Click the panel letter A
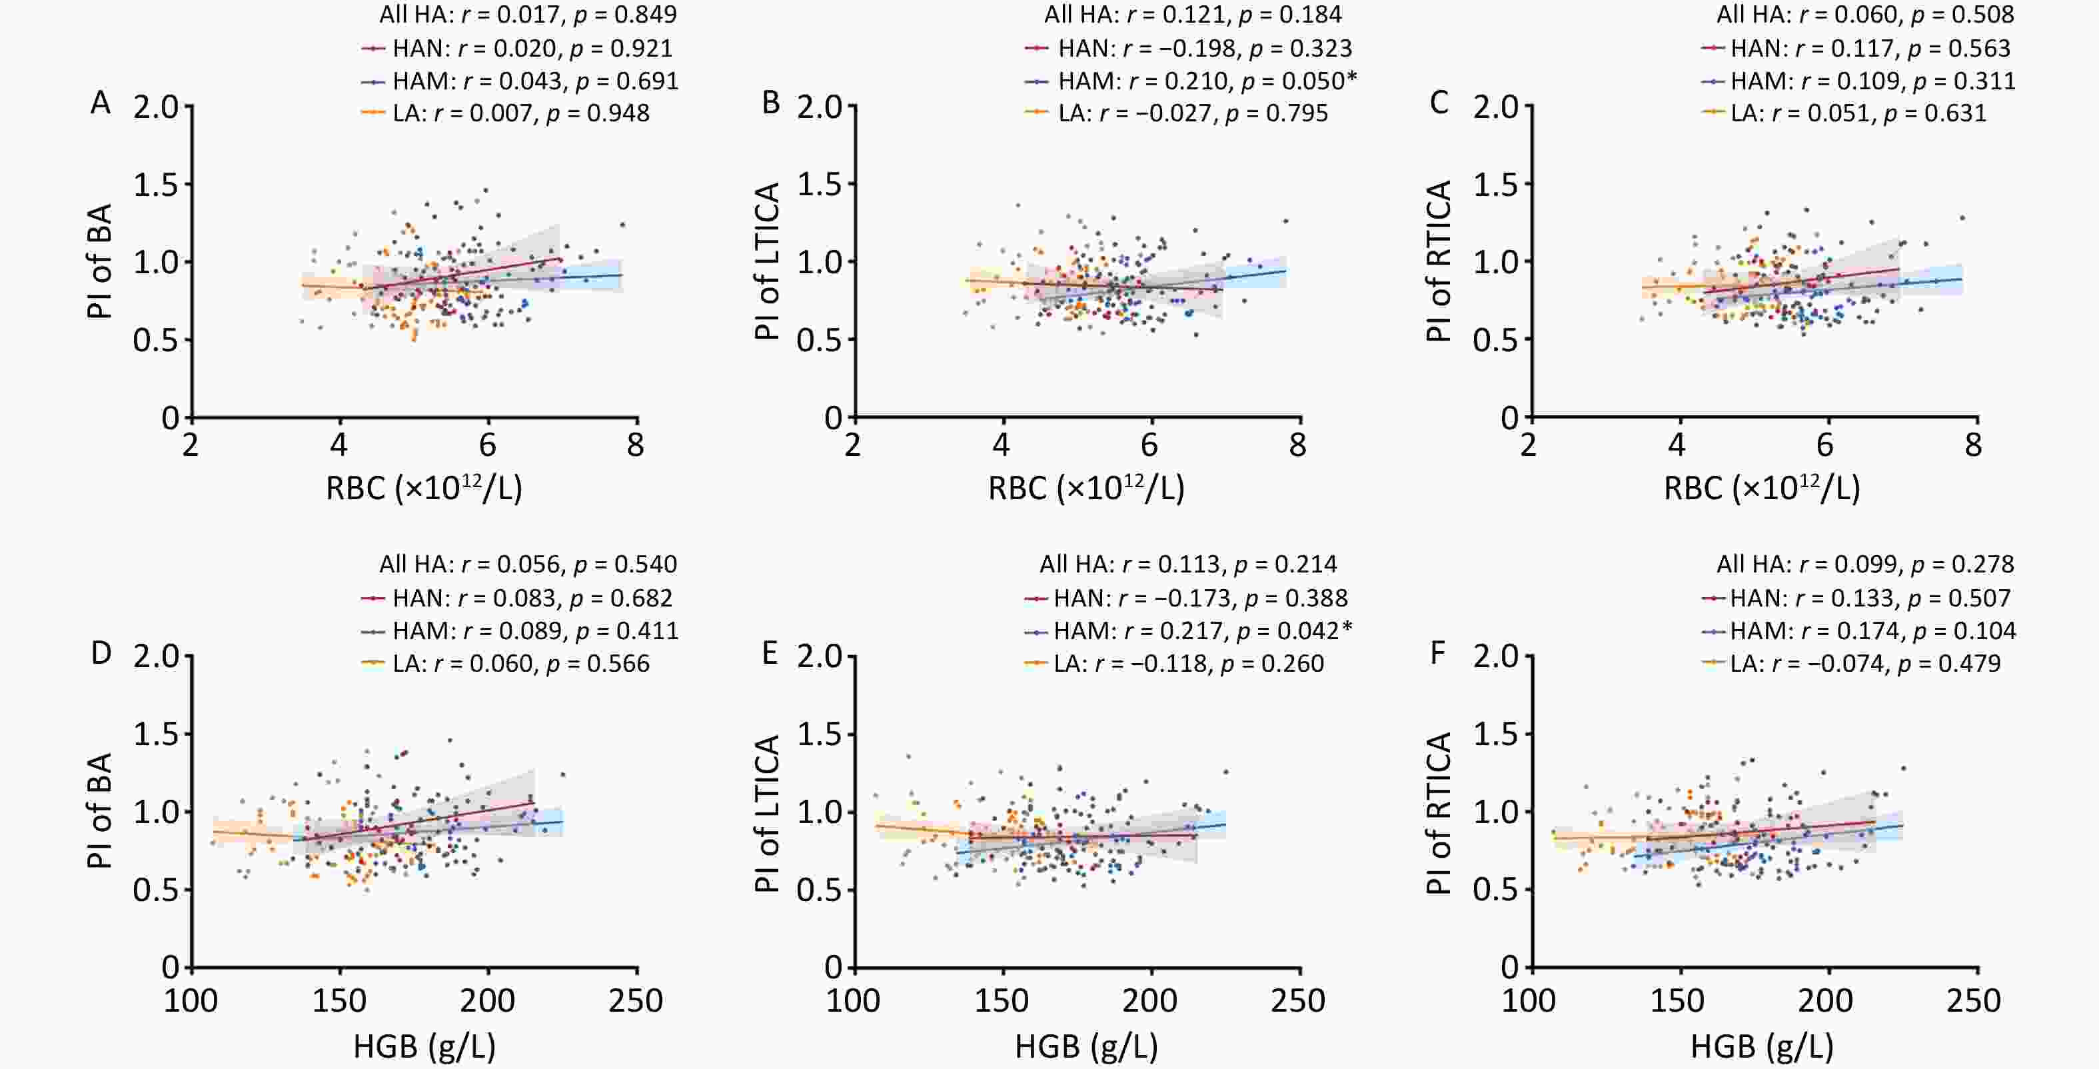(x=100, y=103)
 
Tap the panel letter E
(x=769, y=653)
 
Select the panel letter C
(x=1439, y=103)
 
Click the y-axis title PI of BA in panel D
(x=99, y=810)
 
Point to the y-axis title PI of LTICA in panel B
(x=768, y=261)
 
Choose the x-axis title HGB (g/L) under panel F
(x=1762, y=1046)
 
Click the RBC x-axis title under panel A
(x=424, y=488)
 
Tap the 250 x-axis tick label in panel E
(x=1298, y=1000)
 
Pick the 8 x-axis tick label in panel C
(x=1972, y=445)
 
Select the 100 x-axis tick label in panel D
(x=191, y=1000)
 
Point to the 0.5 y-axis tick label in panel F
(x=1495, y=890)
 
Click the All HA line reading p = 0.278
(x=1865, y=564)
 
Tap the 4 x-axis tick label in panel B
(x=1002, y=445)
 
